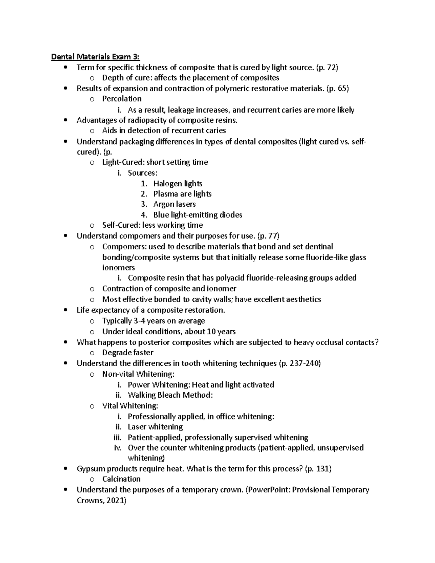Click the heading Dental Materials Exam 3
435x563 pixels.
click(95, 57)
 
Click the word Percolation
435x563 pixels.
click(122, 99)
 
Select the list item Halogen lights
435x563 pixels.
click(178, 184)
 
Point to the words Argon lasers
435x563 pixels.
click(174, 204)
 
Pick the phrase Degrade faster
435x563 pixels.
click(128, 353)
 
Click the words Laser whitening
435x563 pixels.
click(155, 427)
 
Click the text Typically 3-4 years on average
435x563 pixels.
click(153, 321)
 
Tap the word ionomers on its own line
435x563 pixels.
click(119, 268)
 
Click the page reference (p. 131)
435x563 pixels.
click(318, 469)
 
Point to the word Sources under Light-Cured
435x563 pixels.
click(142, 173)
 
